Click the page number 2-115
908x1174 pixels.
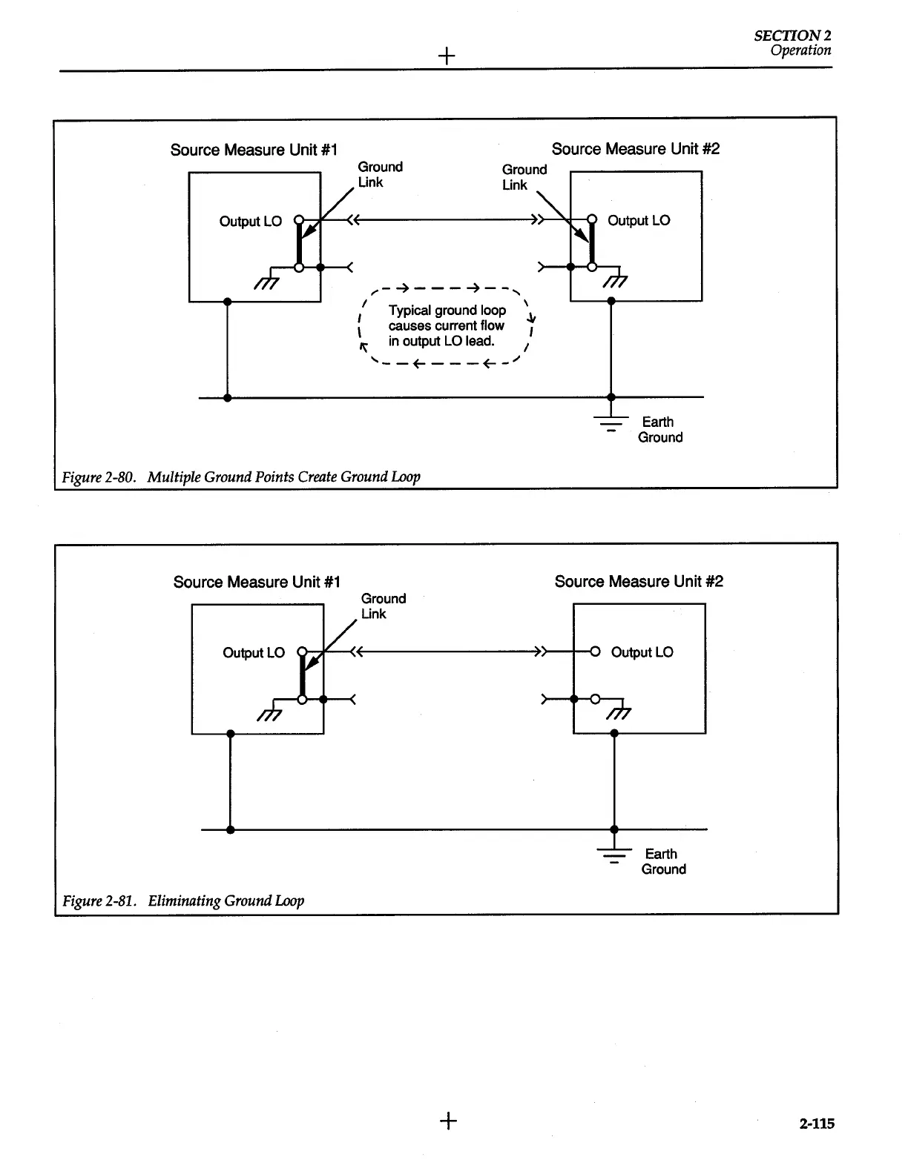pos(816,1124)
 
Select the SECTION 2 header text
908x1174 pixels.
pos(792,35)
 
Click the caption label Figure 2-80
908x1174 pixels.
pos(98,477)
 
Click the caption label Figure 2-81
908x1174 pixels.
pos(99,901)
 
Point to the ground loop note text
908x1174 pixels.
pos(447,325)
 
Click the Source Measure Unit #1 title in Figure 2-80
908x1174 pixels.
pos(254,150)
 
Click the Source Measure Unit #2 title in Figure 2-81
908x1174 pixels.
pos(638,582)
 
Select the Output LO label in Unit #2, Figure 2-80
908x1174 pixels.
pos(638,220)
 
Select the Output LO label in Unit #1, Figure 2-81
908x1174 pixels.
pos(253,653)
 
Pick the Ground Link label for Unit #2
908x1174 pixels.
pos(524,177)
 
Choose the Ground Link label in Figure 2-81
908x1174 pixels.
pos(383,606)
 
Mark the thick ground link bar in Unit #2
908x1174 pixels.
pos(592,244)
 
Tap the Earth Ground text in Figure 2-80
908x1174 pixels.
pos(659,429)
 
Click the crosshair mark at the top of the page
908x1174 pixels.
pos(447,56)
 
